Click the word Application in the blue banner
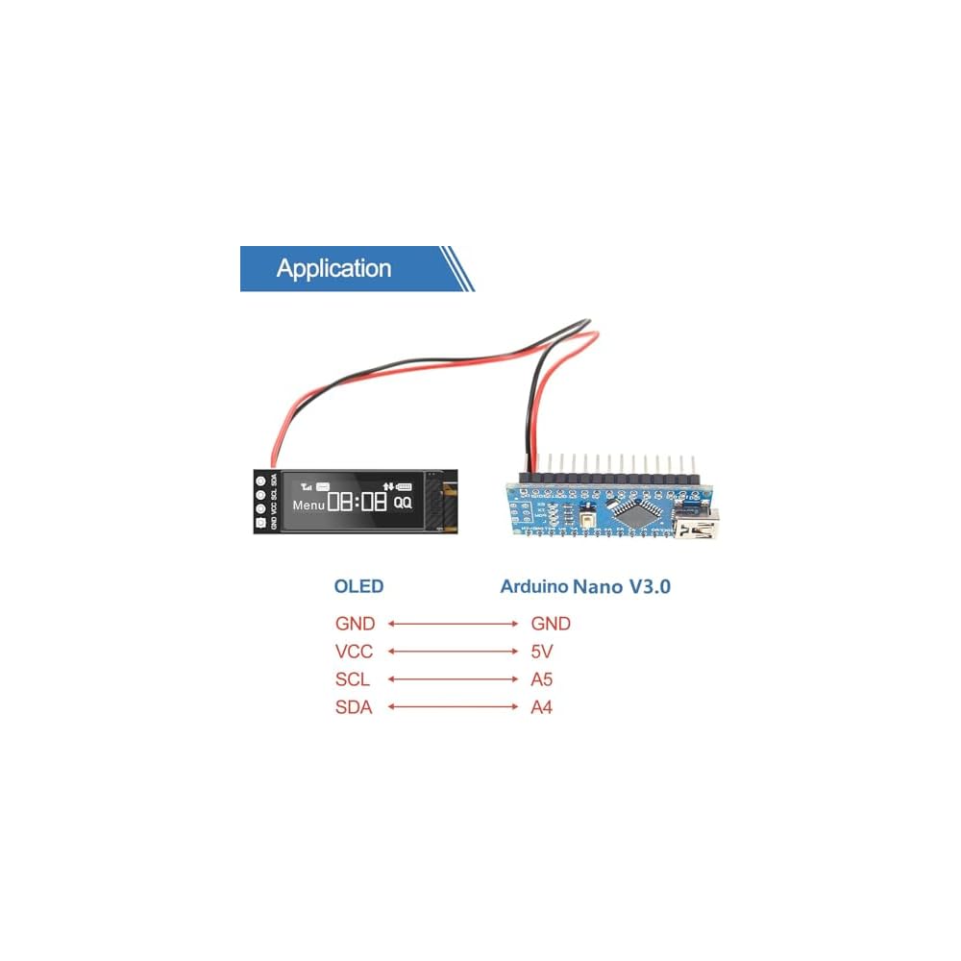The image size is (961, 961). pyautogui.click(x=333, y=268)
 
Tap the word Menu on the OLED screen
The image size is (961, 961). pyautogui.click(x=309, y=504)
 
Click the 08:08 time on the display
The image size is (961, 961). pyautogui.click(x=357, y=502)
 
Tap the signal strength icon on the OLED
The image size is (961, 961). pyautogui.click(x=307, y=485)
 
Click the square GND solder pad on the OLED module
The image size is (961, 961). pyautogui.click(x=259, y=524)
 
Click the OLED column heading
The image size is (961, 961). pyautogui.click(x=357, y=586)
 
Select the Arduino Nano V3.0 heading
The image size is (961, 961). pyautogui.click(x=585, y=586)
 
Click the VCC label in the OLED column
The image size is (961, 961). pyautogui.click(x=354, y=652)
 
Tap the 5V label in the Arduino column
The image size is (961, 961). pyautogui.click(x=542, y=652)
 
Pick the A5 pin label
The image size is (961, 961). pyautogui.click(x=542, y=679)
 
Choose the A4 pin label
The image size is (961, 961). pyautogui.click(x=542, y=707)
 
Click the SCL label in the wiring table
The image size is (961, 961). pyautogui.click(x=353, y=679)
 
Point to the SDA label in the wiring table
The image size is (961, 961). pyautogui.click(x=354, y=707)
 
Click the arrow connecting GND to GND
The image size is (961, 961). pyautogui.click(x=453, y=624)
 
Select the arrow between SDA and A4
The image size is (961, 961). pyautogui.click(x=453, y=707)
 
